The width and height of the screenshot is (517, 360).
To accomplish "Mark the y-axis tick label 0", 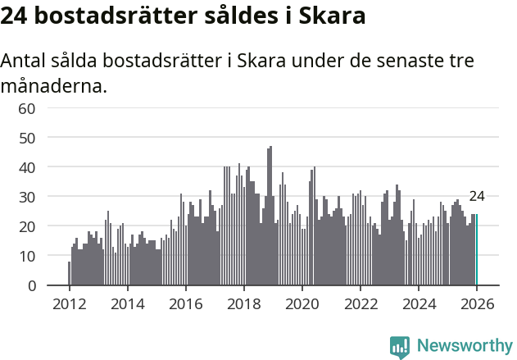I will [x=32, y=285].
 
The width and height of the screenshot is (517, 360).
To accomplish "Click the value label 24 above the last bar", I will [x=477, y=197].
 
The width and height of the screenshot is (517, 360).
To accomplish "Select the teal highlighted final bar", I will [x=477, y=250].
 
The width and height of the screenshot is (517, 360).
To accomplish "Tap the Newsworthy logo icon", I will [x=400, y=347].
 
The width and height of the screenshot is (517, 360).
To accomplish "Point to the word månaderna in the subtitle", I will [x=54, y=86].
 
